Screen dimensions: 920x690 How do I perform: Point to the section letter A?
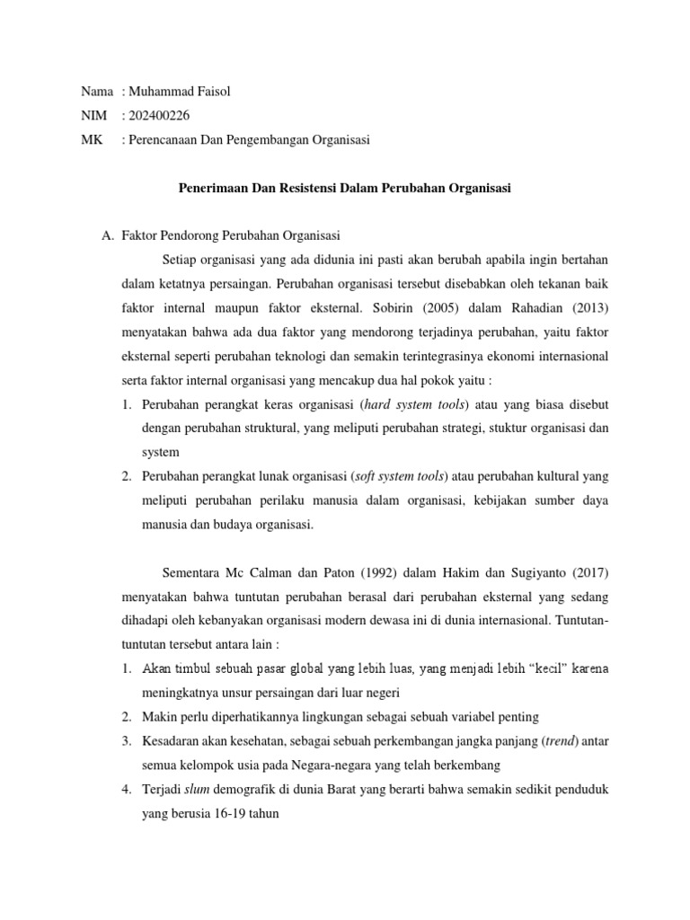coord(107,236)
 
